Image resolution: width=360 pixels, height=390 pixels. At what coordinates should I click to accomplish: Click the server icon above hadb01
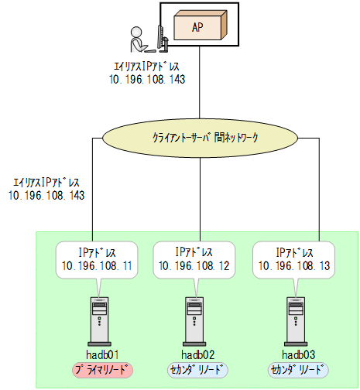click(x=101, y=320)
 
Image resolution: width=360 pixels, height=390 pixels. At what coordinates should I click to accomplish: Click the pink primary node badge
click(x=101, y=371)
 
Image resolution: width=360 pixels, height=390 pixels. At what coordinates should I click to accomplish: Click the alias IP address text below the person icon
click(x=146, y=73)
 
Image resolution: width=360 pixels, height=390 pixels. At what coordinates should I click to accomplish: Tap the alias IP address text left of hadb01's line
click(x=47, y=190)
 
